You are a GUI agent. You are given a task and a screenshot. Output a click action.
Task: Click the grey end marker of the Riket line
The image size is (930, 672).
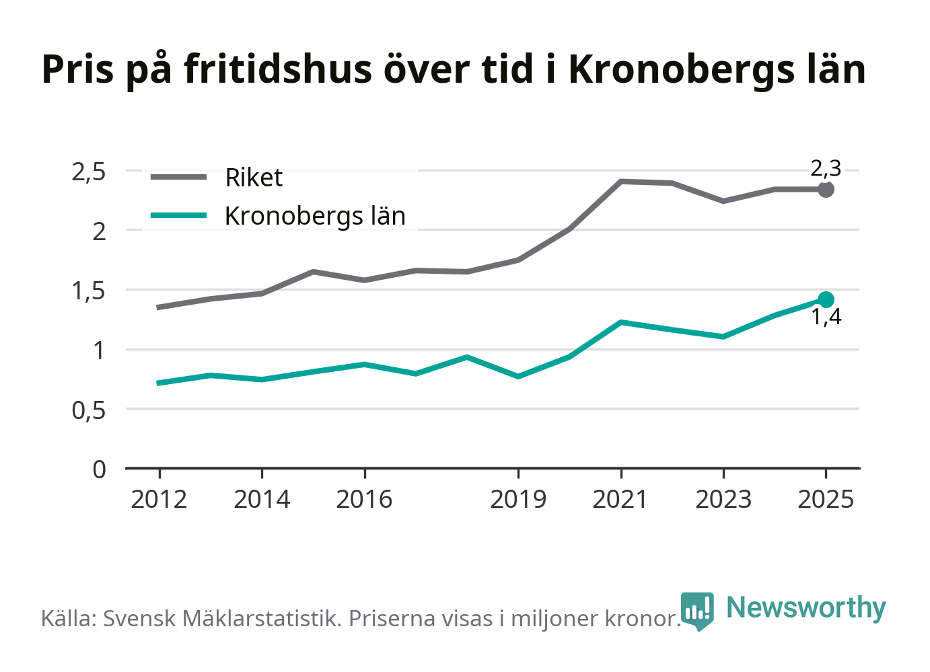tap(826, 190)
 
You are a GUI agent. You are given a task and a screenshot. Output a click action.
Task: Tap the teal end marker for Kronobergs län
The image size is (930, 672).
tap(826, 299)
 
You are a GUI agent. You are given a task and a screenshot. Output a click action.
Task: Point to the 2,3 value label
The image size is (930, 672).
tap(826, 169)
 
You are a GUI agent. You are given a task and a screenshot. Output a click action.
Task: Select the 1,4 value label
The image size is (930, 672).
tap(826, 317)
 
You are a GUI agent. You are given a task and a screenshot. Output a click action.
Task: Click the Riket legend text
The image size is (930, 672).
tap(254, 178)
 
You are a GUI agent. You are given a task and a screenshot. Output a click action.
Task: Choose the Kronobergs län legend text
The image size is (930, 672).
tap(315, 216)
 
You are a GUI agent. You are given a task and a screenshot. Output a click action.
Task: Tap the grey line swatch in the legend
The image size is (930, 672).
tap(178, 177)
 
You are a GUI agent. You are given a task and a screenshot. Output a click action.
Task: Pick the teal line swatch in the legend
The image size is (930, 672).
tap(178, 215)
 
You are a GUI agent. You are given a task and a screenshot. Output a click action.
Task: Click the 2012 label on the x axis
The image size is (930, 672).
tap(159, 499)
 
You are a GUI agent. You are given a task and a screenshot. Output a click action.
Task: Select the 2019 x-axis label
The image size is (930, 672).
tap(518, 499)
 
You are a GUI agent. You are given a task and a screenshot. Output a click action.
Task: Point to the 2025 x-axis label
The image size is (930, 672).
tap(826, 499)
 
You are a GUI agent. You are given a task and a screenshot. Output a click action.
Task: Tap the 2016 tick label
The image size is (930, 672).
tap(364, 499)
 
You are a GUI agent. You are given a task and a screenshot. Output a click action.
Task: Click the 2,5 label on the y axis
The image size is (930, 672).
tap(89, 173)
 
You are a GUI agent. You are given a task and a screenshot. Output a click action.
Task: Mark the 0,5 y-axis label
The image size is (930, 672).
tap(89, 411)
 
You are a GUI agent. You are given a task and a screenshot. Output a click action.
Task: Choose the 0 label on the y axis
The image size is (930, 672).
tap(99, 470)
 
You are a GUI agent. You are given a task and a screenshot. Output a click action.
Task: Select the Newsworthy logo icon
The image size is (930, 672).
tap(697, 611)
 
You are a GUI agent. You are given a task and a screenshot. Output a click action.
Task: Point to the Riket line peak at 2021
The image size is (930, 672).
tap(621, 182)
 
